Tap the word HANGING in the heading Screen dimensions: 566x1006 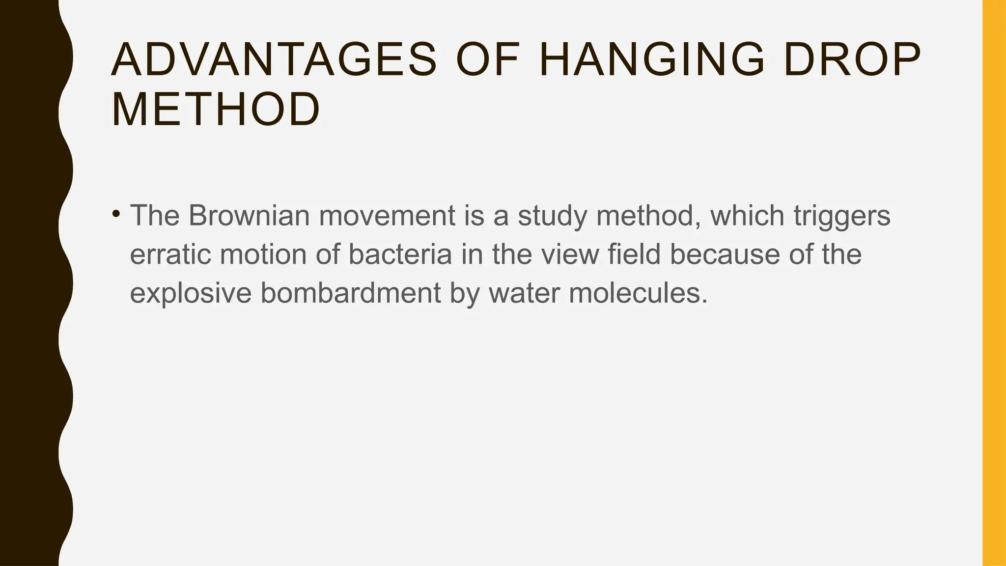click(652, 60)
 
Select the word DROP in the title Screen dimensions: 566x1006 click(852, 60)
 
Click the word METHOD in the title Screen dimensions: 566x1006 click(216, 110)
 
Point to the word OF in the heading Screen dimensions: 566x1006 click(487, 60)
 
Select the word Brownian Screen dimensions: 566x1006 click(249, 216)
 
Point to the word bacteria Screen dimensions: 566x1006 click(400, 255)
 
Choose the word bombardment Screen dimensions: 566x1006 click(350, 293)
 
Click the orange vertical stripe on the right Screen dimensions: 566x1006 click(994, 283)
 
